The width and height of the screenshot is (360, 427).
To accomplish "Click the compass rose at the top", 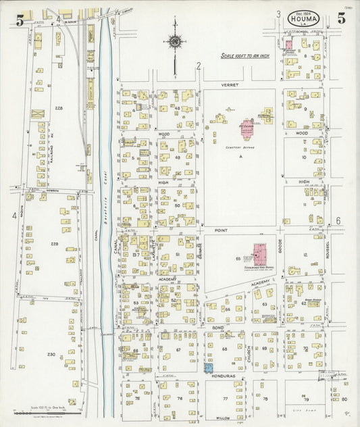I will click(175, 42).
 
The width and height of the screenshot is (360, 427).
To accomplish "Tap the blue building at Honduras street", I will click(207, 368).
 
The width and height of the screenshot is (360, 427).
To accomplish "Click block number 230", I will click(51, 354).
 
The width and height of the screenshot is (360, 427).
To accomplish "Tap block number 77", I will click(224, 399).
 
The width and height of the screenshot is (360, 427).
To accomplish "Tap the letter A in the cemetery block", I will click(240, 155).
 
